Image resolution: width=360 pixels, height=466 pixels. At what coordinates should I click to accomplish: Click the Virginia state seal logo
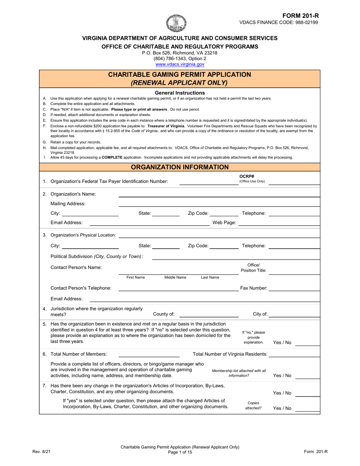[177, 23]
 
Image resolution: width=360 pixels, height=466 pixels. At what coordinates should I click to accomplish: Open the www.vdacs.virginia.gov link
[180, 64]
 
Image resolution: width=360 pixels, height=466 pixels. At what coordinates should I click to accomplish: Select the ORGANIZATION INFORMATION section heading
[180, 167]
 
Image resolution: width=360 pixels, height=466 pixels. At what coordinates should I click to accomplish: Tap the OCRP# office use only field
[294, 182]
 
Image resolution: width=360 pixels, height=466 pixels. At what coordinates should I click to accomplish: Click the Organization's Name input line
[219, 194]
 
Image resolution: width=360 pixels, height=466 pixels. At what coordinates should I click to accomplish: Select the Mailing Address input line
[219, 204]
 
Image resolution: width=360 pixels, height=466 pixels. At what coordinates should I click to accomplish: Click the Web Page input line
[279, 223]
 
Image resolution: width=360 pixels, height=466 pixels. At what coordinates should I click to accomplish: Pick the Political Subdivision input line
[236, 257]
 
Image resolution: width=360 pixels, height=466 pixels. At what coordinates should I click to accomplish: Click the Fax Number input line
[294, 288]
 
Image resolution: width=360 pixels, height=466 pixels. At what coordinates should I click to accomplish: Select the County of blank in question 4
[209, 314]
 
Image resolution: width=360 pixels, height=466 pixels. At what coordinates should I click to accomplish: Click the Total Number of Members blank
[149, 354]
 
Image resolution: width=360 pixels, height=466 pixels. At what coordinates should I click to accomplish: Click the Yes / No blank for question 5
[307, 343]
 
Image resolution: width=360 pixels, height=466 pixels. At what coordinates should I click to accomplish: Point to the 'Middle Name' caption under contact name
[175, 278]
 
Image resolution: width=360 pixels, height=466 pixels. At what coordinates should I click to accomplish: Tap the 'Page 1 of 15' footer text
[180, 452]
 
